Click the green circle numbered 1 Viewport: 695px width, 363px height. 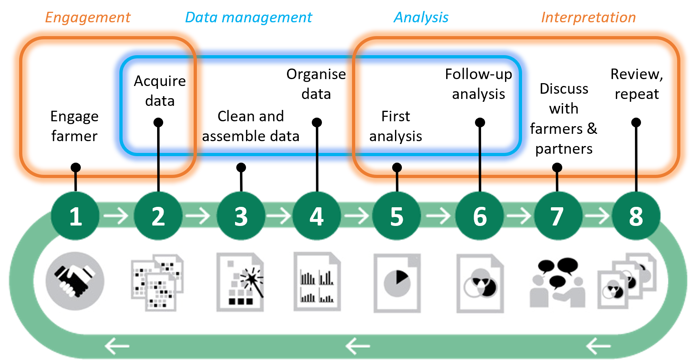(x=75, y=216)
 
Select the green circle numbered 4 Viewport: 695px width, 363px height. (x=317, y=216)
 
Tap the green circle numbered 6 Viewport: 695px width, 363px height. (x=479, y=216)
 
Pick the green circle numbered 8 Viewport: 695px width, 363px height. (x=636, y=216)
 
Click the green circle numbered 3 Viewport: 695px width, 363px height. (x=241, y=216)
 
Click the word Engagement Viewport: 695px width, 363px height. (x=88, y=17)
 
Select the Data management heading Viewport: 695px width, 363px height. (x=248, y=17)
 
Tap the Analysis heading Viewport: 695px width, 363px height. (x=421, y=17)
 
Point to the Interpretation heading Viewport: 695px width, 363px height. (x=588, y=17)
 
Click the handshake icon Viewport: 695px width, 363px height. (x=75, y=281)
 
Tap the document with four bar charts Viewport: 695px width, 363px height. (x=317, y=282)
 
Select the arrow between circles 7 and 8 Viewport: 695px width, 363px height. (x=597, y=216)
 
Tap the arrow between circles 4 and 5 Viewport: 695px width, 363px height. (x=357, y=216)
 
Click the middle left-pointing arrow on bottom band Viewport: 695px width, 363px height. (x=357, y=346)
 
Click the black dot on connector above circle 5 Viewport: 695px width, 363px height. (x=397, y=167)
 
